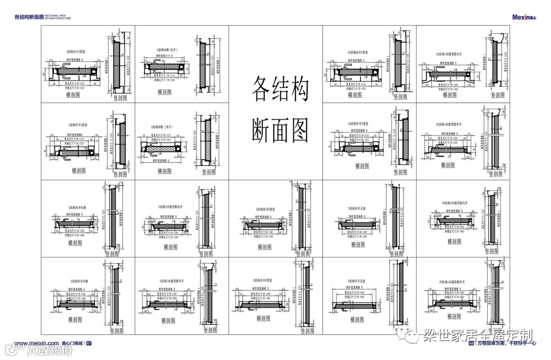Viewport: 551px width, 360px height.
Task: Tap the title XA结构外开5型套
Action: pos(360,123)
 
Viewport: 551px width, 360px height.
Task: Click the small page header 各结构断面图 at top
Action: pos(29,17)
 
